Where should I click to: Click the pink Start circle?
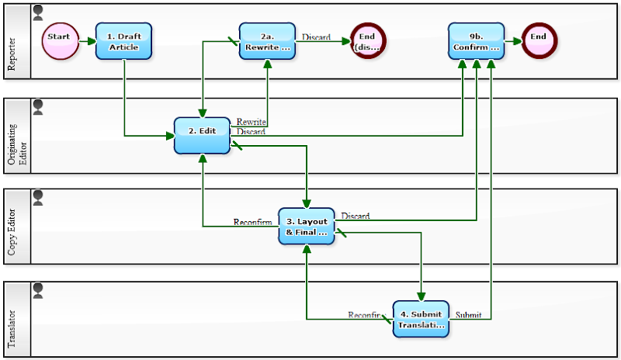coord(60,40)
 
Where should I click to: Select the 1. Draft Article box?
coord(123,41)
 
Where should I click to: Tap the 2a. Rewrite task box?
coord(268,41)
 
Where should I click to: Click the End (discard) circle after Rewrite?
coord(367,40)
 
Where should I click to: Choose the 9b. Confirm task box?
coord(477,41)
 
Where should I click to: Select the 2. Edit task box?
coord(202,136)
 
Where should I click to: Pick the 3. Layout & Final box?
coord(307,226)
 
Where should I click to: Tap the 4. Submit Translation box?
coord(421,319)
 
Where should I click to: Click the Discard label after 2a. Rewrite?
coord(316,36)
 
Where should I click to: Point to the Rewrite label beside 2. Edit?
coord(252,122)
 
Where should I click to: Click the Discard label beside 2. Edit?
coord(251,132)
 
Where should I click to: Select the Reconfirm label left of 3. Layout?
coord(253,222)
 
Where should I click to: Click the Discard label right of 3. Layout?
coord(355,216)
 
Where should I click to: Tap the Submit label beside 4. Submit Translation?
coord(467,315)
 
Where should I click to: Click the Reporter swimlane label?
coord(12,53)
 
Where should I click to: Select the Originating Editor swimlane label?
coord(16,136)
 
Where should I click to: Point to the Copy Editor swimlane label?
coord(12,226)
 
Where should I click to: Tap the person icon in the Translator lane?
coord(38,290)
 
